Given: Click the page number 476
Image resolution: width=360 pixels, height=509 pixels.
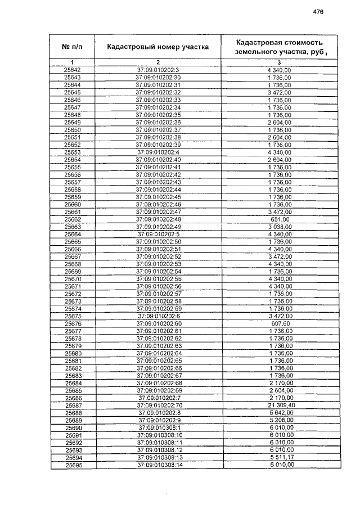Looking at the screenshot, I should pos(318,12).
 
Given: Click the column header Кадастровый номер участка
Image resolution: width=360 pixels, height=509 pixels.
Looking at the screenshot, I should pos(157,47).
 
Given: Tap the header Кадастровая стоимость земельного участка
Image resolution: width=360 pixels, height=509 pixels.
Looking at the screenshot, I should pos(280,47).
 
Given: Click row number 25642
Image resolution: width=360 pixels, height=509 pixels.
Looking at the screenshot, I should pos(73,70).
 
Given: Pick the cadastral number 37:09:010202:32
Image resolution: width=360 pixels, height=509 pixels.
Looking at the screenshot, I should pos(158,92).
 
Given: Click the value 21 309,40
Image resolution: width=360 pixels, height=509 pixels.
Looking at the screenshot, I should pos(280,406).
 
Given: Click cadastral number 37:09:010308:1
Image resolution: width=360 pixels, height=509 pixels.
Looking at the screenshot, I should pos(158,428).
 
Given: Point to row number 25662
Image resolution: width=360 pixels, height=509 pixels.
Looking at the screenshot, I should pos(73,219).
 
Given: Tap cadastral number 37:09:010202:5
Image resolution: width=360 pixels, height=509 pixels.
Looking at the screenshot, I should pos(158,234).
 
